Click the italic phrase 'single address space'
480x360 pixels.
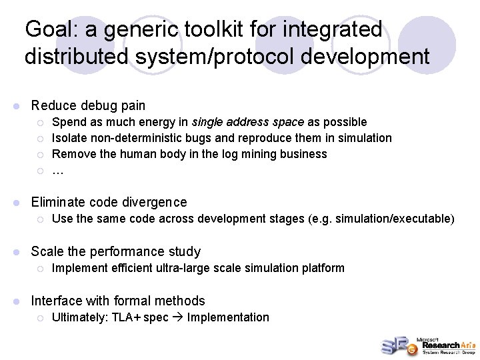(x=248, y=122)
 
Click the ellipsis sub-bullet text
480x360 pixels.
(x=57, y=171)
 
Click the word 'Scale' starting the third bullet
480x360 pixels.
(x=46, y=251)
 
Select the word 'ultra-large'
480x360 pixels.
(x=196, y=268)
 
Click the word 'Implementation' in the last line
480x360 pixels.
(x=228, y=317)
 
